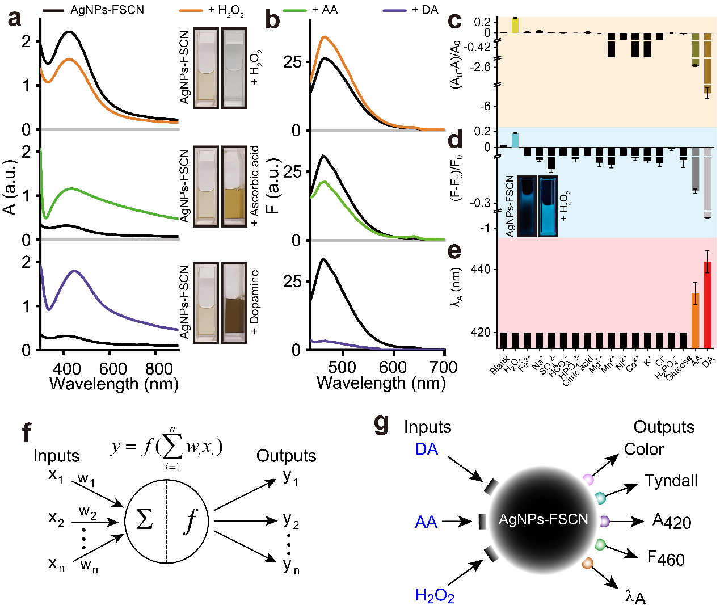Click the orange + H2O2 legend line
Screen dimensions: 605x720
click(x=191, y=10)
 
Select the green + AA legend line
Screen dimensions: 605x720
click(x=295, y=10)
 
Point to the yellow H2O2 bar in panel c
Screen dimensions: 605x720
click(x=515, y=26)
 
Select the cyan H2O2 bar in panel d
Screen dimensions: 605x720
click(x=515, y=140)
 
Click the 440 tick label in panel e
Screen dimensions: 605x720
click(x=481, y=270)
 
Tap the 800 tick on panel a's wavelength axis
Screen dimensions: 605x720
click(x=158, y=369)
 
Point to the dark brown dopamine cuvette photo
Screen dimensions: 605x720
click(x=234, y=303)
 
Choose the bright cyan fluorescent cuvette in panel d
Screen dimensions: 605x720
click(x=549, y=206)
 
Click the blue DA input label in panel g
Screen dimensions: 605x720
click(x=427, y=449)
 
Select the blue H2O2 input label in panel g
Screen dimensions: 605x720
click(x=435, y=595)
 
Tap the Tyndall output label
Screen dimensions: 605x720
click(x=671, y=481)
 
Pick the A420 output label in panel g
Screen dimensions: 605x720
click(x=672, y=522)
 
